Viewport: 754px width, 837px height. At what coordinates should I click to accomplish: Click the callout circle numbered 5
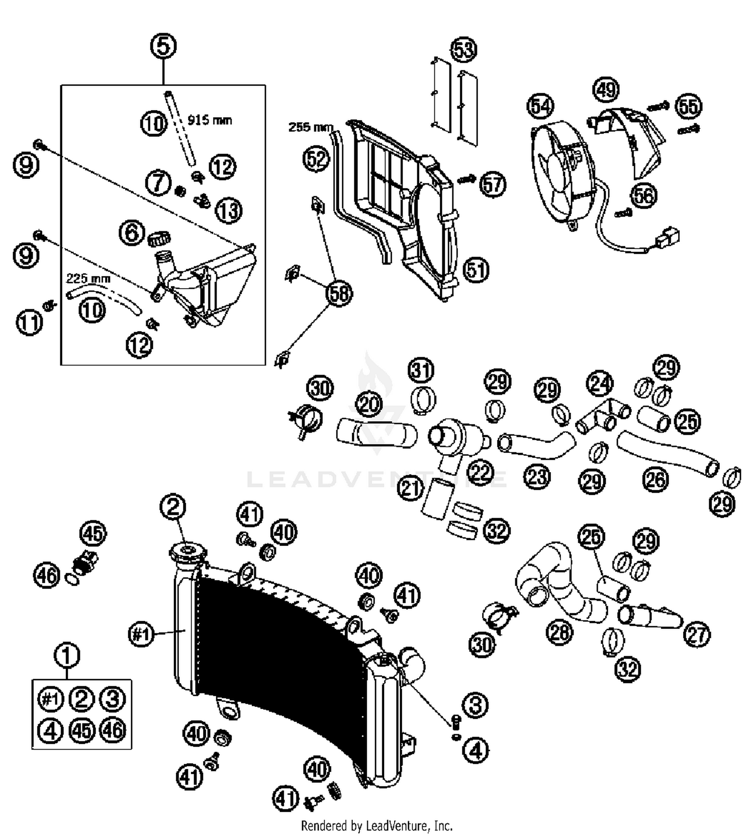coord(163,47)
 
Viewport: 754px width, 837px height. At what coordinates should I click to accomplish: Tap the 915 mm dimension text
coord(210,120)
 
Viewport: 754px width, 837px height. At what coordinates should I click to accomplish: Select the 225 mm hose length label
coord(88,278)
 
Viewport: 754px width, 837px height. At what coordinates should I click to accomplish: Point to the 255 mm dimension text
coord(311,127)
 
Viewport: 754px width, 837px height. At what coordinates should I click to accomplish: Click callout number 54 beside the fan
coord(541,106)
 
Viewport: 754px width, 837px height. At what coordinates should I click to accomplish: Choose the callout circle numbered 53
coord(464,50)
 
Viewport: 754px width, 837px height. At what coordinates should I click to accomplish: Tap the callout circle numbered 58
coord(339,293)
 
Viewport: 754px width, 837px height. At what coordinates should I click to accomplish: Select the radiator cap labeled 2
coord(187,553)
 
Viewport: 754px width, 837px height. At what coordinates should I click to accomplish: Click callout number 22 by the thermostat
coord(481,471)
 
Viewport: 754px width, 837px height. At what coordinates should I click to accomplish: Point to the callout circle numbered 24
coord(600,384)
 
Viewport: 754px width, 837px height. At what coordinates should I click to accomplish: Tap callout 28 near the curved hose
coord(560,632)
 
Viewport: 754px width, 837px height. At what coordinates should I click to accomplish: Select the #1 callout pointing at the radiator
coord(141,634)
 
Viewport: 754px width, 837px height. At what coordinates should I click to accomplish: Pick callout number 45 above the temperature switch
coord(93,533)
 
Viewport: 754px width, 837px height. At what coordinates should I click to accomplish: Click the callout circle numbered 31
coord(421,370)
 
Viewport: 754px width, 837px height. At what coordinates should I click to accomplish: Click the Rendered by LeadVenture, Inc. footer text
coord(376,825)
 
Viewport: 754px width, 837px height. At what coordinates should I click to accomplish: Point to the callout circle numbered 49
coord(606,90)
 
